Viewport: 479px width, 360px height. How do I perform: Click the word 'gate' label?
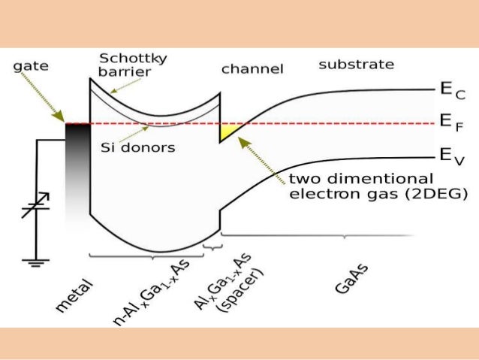[x=31, y=65]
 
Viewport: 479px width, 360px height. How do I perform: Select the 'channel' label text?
[x=252, y=69]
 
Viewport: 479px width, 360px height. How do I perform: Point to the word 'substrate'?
[x=356, y=65]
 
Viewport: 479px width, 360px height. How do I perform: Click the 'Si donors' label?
[x=137, y=147]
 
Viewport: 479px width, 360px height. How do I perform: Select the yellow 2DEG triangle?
[x=227, y=132]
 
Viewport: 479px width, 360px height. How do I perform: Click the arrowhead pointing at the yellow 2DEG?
[x=244, y=141]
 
